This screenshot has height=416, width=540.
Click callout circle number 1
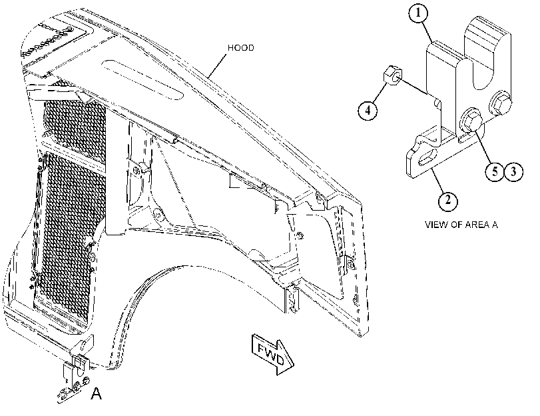[x=418, y=13]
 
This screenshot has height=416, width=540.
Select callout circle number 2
[x=447, y=200]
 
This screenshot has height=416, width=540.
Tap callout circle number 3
[x=514, y=171]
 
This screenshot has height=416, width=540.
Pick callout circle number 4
[x=368, y=111]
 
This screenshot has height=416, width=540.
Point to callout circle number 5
[x=495, y=171]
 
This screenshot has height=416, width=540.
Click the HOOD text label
[x=241, y=47]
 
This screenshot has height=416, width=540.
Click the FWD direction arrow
[x=273, y=354]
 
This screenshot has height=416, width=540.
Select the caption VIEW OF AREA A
[x=461, y=225]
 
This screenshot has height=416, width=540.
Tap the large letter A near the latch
[x=97, y=393]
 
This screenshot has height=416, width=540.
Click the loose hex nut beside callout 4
[x=392, y=76]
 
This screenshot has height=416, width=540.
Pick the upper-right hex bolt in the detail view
[x=500, y=102]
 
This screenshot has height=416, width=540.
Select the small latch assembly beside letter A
[x=76, y=373]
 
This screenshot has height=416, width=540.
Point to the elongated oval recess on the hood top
[x=143, y=79]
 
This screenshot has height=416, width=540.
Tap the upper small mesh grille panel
[x=75, y=123]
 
